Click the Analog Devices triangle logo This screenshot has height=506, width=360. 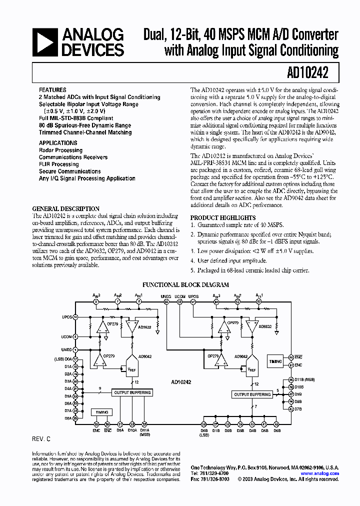pos(43,42)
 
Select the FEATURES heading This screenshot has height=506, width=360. pos(52,90)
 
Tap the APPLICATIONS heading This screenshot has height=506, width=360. pos(58,143)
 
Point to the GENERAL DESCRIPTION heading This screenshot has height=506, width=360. pos(66,209)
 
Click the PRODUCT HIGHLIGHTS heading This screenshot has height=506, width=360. pos(223,218)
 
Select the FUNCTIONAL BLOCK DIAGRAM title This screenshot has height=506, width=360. pos(185,285)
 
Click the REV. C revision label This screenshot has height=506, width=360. pos(41,438)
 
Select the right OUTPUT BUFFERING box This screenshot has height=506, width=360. pos(252,394)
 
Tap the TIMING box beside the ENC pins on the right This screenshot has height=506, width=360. pos(275,360)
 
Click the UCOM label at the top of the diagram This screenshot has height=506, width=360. pos(180,296)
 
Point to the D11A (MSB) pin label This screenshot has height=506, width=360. pos(144,432)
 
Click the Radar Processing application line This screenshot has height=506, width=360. pos(60,150)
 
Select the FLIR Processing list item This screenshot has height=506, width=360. pos(58,164)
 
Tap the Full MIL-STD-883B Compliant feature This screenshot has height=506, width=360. pos(76,118)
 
